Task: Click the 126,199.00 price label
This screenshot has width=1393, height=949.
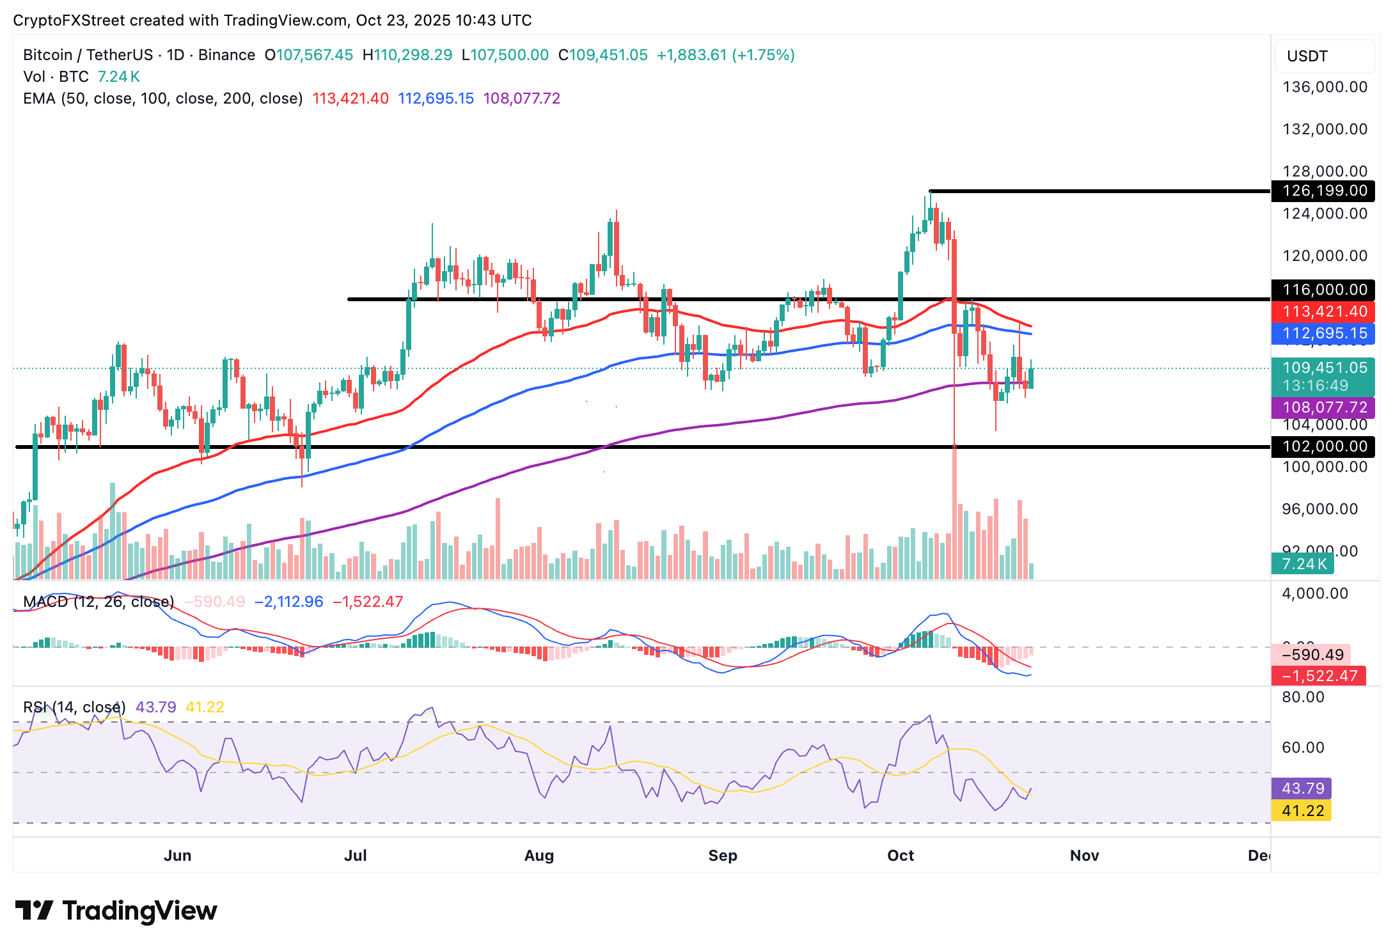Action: tap(1324, 191)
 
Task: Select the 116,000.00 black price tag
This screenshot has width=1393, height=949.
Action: tap(1324, 290)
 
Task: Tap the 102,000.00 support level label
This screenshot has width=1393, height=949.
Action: tap(1324, 446)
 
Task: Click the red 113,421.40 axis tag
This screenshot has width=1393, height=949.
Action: tap(1324, 311)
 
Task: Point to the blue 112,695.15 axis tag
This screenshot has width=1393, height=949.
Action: tap(1324, 333)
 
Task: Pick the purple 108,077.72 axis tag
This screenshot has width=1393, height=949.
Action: tap(1324, 407)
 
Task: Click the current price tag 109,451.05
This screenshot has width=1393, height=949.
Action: tap(1324, 368)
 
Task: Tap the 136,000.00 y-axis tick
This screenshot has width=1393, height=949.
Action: tap(1325, 87)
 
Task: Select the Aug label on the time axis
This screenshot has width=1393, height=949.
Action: tap(539, 856)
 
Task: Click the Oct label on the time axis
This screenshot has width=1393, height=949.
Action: tap(901, 856)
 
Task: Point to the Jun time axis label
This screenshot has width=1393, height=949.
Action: tap(177, 856)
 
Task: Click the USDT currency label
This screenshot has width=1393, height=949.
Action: tap(1307, 56)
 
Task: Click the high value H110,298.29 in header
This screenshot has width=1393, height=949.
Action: tap(407, 55)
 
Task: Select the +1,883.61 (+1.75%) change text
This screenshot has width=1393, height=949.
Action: tap(725, 55)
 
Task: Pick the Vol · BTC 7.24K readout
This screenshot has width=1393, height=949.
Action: tap(81, 77)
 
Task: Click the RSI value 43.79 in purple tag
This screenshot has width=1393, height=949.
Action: tap(1303, 788)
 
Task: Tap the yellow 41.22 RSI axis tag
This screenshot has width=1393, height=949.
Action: tap(1303, 811)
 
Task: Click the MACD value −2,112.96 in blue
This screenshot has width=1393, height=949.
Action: tap(289, 602)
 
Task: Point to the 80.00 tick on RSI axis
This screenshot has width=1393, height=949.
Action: tap(1303, 697)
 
